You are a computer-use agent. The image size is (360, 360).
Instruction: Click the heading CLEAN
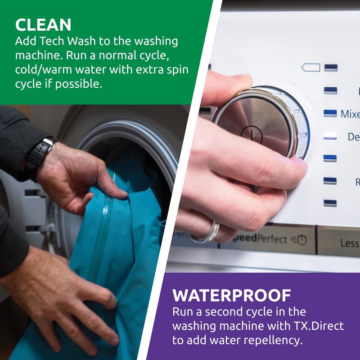coord(43,24)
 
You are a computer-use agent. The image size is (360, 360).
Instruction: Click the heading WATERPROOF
coord(232,296)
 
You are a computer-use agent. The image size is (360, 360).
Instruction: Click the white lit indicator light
coord(330,135)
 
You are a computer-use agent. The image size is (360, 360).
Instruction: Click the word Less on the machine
coord(349,243)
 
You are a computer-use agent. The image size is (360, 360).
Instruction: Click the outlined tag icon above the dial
coord(310,67)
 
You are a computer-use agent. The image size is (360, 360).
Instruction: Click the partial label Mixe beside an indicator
coord(350,113)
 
